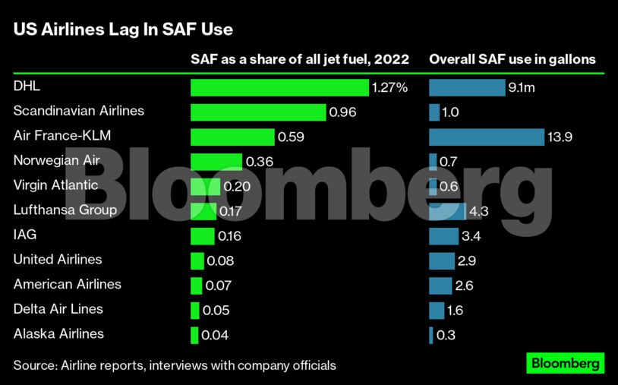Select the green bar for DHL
coord(279,87)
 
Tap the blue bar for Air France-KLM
coord(486,137)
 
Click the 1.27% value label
coord(389,87)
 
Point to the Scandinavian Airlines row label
coord(79,111)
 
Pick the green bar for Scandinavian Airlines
coord(258,112)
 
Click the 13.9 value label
coord(560,137)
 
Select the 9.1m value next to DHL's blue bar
coord(522,87)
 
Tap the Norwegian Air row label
coord(56,160)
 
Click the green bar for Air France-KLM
coord(232,137)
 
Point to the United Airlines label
coord(58,260)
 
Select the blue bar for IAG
coord(443,236)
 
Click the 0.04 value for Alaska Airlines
coord(215,335)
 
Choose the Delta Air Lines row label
coord(58,309)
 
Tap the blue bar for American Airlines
coord(440,286)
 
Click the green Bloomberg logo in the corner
coord(566,363)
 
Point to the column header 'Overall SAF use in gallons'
coord(512,59)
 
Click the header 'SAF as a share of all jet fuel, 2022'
coord(299,59)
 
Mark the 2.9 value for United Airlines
coord(468,260)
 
